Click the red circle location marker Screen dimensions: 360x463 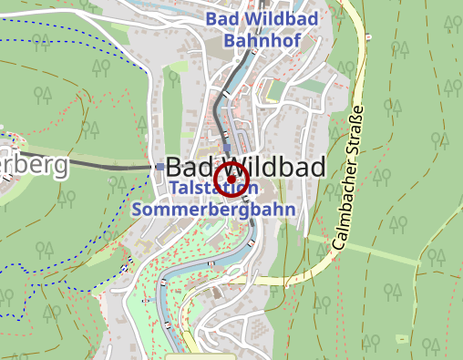pos(231,180)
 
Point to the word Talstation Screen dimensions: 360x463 pos(213,188)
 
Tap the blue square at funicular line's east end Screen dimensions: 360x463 pos(160,168)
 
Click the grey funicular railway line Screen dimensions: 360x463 pos(109,166)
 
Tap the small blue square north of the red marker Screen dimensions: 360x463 pos(227,146)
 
